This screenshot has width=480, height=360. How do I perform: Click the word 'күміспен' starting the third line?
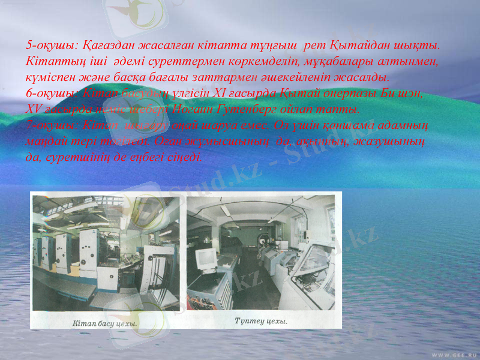pyautogui.click(x=50, y=78)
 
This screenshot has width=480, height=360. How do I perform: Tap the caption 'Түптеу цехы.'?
pyautogui.click(x=260, y=322)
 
